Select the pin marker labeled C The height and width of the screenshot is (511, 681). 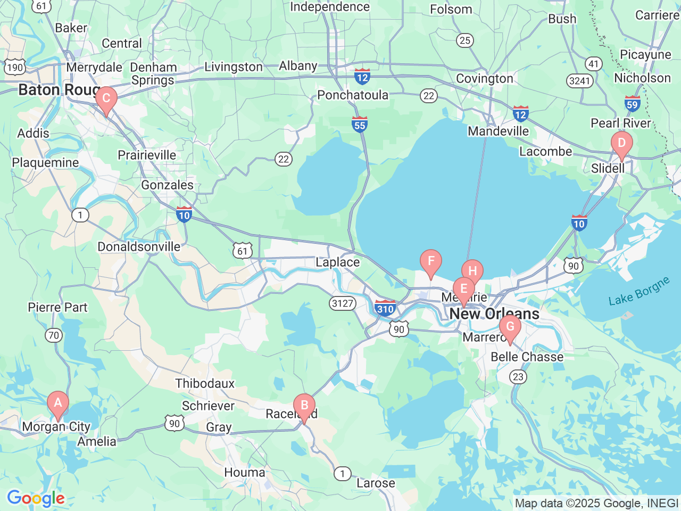106,99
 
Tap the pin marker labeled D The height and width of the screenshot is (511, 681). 621,144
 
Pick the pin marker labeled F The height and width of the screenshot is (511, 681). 430,262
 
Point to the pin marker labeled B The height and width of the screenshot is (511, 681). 304,406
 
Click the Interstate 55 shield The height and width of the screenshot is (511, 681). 360,124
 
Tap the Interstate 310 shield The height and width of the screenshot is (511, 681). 385,308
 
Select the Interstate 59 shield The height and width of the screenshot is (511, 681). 633,104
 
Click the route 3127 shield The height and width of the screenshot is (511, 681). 342,303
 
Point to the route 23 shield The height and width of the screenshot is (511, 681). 518,377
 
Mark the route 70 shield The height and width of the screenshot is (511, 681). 54,335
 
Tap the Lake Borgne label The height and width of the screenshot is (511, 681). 639,292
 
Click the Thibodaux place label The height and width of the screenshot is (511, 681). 205,383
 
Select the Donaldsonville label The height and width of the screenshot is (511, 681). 139,247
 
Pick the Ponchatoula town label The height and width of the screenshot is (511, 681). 353,95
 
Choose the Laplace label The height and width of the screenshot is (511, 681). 337,262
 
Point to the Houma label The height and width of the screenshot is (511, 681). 244,472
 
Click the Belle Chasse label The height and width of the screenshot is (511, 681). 527,357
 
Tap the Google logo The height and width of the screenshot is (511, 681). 36,499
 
